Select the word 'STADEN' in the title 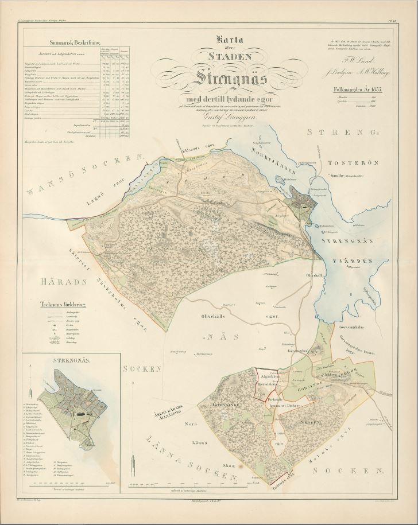[x=229, y=57]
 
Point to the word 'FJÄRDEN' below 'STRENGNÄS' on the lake [x=356, y=259]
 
